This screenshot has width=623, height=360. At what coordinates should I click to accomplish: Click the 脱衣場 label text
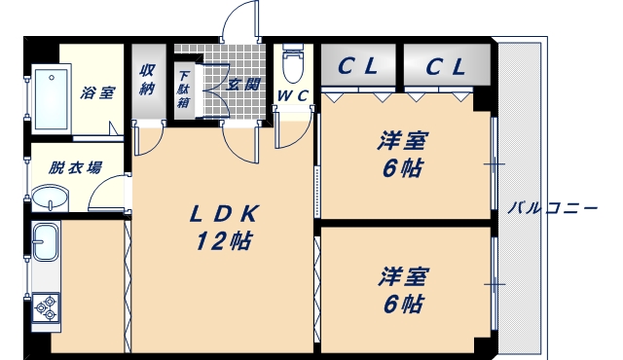coord(76,167)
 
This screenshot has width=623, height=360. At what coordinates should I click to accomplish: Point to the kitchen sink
coord(45,242)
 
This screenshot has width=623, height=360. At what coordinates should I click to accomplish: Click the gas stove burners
coord(45,308)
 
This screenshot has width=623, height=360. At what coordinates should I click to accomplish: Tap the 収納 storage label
coord(148,81)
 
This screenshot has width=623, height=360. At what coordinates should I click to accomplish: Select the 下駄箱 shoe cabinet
coord(184,88)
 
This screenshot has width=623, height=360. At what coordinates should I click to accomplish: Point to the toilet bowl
coord(291,66)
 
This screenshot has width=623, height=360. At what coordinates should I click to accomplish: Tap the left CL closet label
coord(358,67)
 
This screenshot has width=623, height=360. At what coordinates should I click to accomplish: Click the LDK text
coord(223,214)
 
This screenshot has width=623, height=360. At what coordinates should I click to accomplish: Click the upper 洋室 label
coord(403,141)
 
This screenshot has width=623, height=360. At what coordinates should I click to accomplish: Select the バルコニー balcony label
coord(553,206)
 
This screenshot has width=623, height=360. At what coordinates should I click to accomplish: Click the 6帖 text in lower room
coord(403,304)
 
